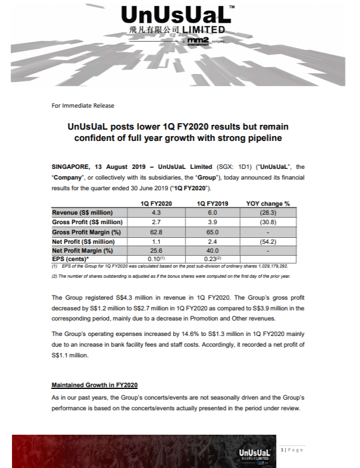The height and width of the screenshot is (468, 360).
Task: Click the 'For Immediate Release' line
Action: pyautogui.click(x=83, y=105)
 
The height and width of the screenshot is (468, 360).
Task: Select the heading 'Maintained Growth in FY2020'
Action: pyautogui.click(x=95, y=385)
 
